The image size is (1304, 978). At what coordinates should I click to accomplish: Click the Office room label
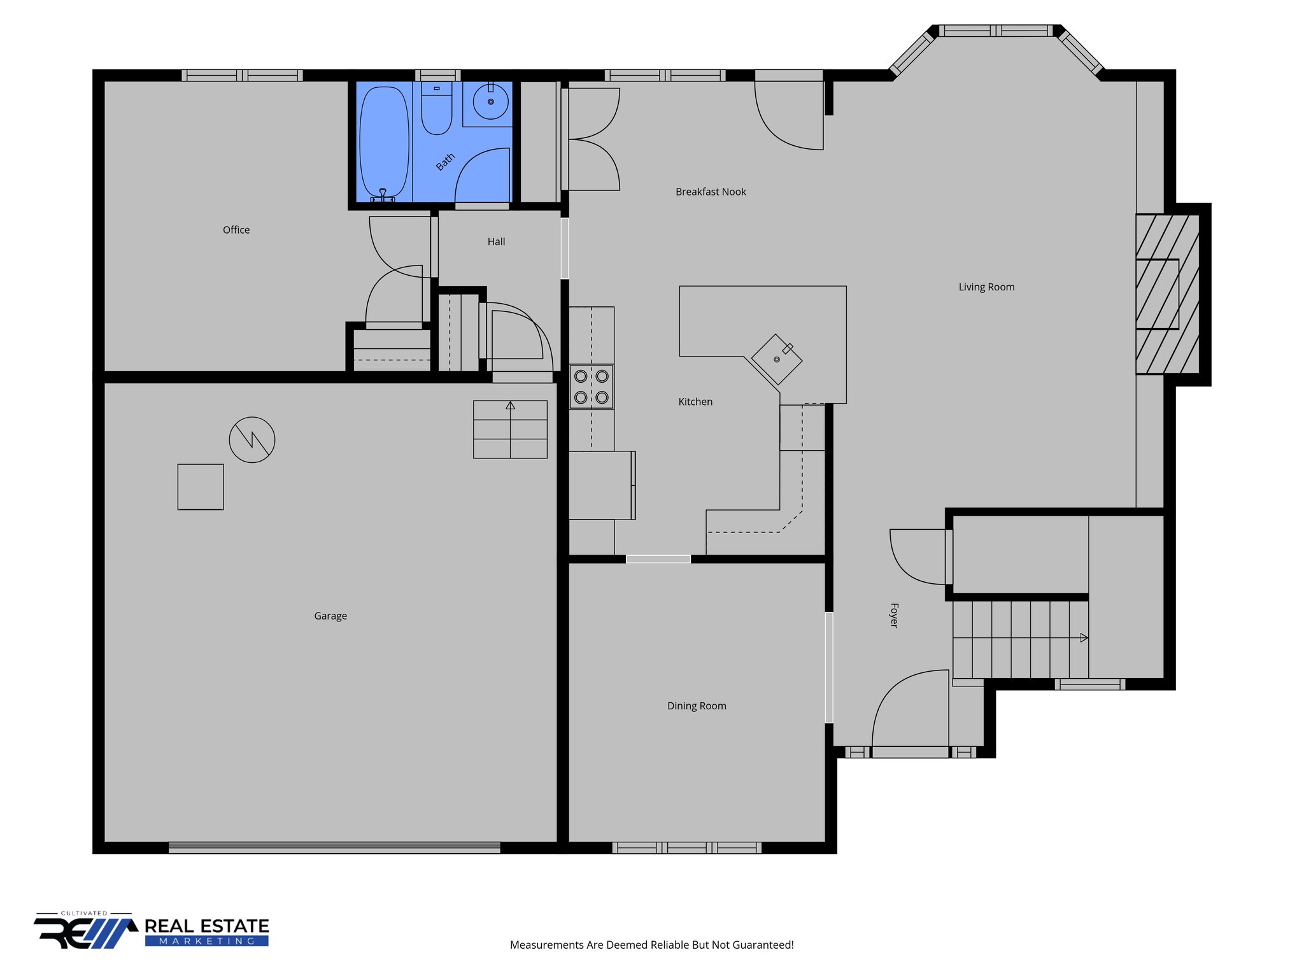[x=236, y=230]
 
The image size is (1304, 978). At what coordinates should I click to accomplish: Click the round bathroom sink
[x=490, y=101]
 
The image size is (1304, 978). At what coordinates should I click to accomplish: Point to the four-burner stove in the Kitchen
[x=591, y=386]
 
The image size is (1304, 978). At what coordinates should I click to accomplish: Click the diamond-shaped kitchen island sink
[x=776, y=360]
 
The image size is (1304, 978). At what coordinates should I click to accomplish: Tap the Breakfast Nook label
[x=711, y=192]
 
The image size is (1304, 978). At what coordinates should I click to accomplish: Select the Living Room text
[x=986, y=287]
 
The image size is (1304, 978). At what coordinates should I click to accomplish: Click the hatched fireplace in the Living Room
[x=1167, y=294]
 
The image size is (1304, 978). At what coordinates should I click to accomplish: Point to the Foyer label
[x=894, y=615]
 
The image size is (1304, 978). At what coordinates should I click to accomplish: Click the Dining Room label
[x=697, y=705]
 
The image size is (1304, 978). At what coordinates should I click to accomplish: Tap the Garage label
[x=330, y=616]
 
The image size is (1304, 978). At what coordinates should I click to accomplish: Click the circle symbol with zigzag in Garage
[x=252, y=439]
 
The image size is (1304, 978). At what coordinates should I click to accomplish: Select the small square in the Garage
[x=201, y=486]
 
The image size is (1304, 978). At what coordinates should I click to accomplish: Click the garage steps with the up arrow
[x=510, y=429]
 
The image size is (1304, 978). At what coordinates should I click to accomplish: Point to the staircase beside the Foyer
[x=1019, y=639]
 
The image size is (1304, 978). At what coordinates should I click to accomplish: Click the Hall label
[x=496, y=242]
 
